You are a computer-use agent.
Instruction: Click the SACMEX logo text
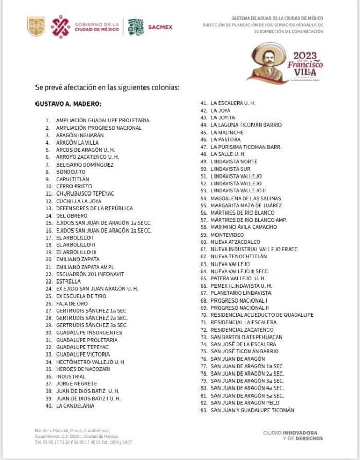160,27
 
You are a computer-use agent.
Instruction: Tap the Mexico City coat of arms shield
36,27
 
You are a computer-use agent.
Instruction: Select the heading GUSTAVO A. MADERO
68,104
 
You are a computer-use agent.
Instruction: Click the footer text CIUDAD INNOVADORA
290,433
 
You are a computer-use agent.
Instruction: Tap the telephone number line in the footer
83,442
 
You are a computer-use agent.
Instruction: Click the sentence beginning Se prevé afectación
107,87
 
